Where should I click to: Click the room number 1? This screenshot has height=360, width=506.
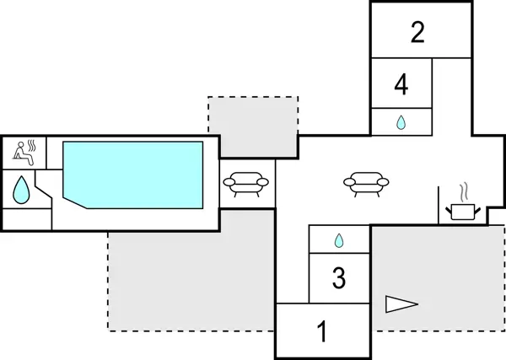321,331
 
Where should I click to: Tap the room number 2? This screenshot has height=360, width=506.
417,33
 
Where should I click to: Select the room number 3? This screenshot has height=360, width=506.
339,277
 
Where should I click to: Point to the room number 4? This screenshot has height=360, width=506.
401,84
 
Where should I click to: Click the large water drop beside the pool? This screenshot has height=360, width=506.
20,190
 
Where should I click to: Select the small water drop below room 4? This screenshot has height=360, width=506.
401,122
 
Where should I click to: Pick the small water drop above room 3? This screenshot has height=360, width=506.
339,240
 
